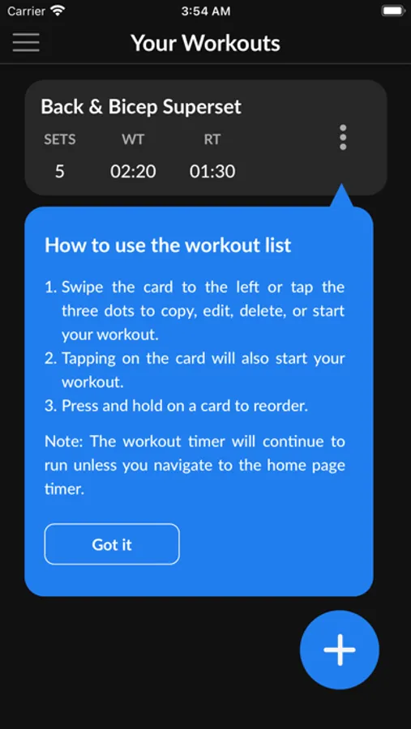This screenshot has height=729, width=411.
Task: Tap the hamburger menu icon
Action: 26,42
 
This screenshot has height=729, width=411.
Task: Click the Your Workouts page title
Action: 205,43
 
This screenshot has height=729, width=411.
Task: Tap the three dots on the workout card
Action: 343,137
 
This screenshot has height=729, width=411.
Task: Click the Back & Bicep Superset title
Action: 141,106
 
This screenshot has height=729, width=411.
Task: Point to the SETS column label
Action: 59,139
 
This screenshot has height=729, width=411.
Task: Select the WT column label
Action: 133,139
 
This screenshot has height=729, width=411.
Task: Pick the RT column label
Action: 212,139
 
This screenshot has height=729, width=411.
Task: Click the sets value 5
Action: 59,172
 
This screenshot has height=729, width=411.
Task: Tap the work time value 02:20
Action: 133,172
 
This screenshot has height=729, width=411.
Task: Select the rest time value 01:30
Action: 212,172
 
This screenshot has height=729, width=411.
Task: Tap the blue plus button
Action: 340,650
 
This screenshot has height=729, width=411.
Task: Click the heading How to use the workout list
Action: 168,245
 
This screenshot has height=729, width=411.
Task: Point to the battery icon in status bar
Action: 393,11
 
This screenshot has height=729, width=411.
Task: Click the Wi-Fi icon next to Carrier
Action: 58,11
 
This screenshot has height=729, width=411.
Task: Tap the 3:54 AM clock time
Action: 205,11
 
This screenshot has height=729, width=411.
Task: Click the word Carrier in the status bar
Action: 26,11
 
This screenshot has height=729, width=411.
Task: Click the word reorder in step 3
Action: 280,406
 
